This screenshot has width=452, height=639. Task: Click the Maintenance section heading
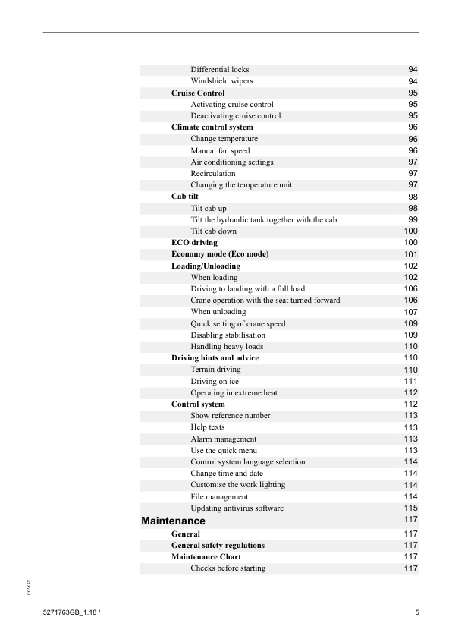coord(173,521)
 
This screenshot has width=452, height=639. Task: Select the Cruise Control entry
coord(198,93)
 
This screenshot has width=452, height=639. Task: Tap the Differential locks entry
coord(219,70)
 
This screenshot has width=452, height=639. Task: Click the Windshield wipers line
coord(221,81)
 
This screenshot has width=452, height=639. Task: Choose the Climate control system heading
coord(212,127)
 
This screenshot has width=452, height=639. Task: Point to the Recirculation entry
coord(213,173)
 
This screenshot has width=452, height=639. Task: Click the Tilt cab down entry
coord(213,231)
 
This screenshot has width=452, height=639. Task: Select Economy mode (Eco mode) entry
coord(220,253)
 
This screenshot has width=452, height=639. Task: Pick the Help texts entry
coord(207,427)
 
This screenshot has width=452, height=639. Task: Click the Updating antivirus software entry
coord(237,508)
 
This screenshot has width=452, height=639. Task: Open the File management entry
coord(219,496)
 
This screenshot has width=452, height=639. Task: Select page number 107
coord(411,312)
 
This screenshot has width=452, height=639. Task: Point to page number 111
coord(411,381)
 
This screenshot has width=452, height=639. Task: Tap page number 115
coord(411,508)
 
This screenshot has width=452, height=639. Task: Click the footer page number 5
coord(417,612)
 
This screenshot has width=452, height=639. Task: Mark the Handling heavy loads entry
coord(227,346)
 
